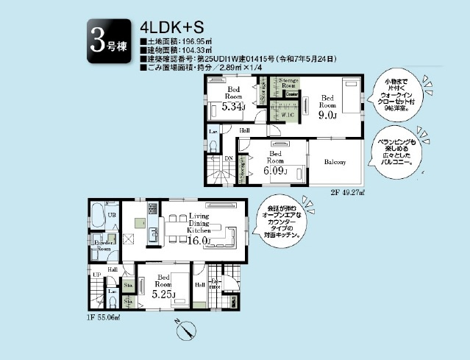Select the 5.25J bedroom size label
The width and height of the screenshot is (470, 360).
pos(163,294)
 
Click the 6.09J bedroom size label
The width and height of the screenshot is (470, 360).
pos(274,172)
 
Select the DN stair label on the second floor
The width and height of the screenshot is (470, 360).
pos(229,158)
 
